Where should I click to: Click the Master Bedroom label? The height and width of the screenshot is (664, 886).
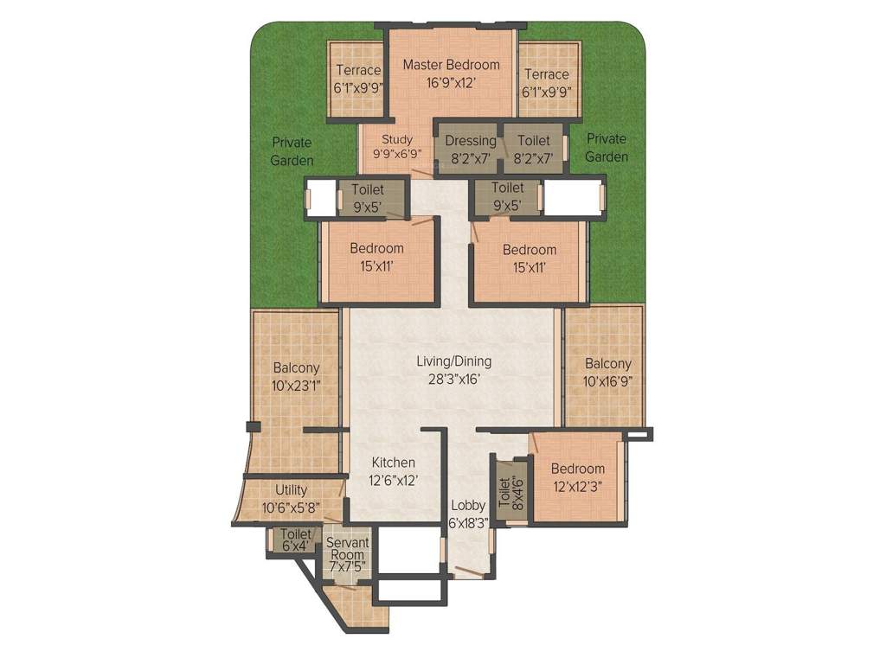point(452,65)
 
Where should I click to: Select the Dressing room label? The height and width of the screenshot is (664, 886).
point(471,141)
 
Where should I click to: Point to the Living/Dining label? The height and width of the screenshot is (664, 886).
point(450,361)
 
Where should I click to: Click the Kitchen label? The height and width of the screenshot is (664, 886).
point(394,463)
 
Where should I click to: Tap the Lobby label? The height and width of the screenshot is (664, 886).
point(467,506)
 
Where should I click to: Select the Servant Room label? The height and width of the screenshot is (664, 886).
point(348,549)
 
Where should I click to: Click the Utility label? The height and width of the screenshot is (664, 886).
point(291,490)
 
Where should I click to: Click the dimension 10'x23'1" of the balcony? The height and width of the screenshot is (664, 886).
point(296,386)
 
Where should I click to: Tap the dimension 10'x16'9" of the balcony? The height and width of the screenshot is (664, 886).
point(607,381)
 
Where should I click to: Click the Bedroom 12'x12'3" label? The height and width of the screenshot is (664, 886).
point(577,469)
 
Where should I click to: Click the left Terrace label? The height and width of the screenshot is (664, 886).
point(358,71)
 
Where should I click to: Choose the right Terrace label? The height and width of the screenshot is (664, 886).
point(546,74)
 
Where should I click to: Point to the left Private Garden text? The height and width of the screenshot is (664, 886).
point(291,151)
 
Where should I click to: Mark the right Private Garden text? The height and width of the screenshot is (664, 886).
point(607,148)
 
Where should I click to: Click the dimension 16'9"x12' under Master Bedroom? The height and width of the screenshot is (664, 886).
point(452,83)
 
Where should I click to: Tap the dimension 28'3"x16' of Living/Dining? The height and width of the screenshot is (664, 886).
point(450,379)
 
